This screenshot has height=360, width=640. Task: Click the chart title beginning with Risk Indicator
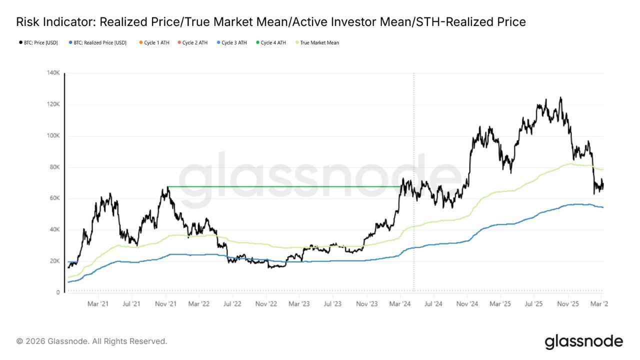(x=270, y=22)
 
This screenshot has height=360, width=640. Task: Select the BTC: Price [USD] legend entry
(x=38, y=43)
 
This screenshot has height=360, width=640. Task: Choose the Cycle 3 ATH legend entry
(x=231, y=43)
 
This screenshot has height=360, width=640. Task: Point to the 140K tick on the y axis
(x=53, y=73)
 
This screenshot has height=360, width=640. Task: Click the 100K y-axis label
(x=53, y=136)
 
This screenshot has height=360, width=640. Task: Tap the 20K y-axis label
(x=54, y=261)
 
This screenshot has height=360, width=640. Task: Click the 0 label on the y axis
(x=58, y=292)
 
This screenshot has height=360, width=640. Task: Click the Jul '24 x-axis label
(x=433, y=303)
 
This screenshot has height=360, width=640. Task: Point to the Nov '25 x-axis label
(x=568, y=303)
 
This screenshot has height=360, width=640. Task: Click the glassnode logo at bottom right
(x=583, y=341)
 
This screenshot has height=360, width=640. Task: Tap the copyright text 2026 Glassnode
(x=92, y=341)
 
